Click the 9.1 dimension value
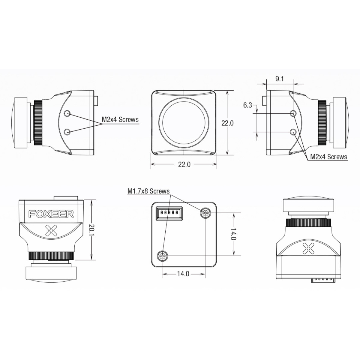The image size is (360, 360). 280,79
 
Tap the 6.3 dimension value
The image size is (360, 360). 247,106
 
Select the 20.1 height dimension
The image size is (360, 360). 91,229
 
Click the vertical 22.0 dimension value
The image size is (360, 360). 227,123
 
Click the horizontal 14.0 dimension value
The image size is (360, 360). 183,274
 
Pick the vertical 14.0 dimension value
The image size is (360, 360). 233,234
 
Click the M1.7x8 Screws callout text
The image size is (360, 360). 148,191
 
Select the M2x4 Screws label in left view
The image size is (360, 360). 120,119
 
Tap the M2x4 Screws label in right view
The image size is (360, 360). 328,157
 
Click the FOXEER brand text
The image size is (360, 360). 51,214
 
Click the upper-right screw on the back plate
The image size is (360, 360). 205,213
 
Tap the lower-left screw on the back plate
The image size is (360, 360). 163,255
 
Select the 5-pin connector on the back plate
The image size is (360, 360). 169,213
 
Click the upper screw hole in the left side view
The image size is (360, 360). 67,113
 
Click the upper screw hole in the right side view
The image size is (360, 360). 293,113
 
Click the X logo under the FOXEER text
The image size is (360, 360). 51,230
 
